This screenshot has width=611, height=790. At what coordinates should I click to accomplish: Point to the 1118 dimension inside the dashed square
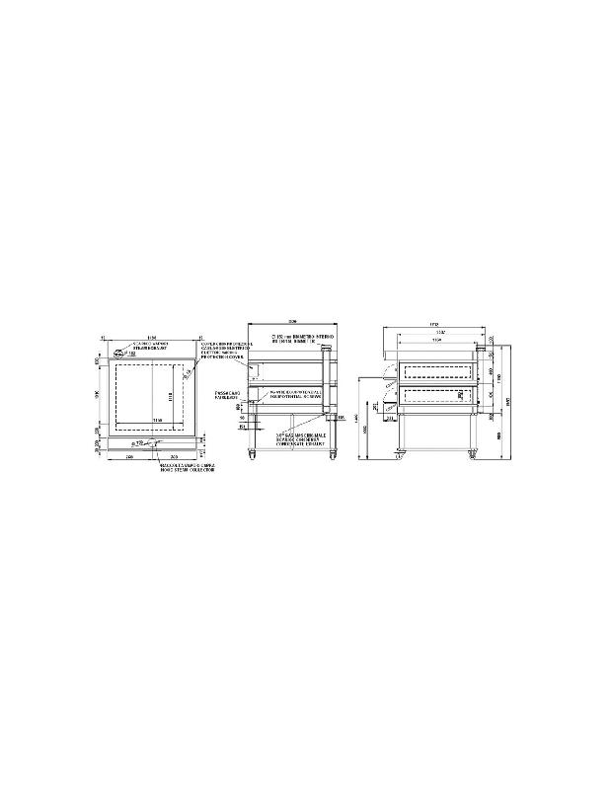click(172, 397)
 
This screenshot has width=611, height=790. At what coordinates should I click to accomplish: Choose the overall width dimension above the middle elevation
click(292, 322)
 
